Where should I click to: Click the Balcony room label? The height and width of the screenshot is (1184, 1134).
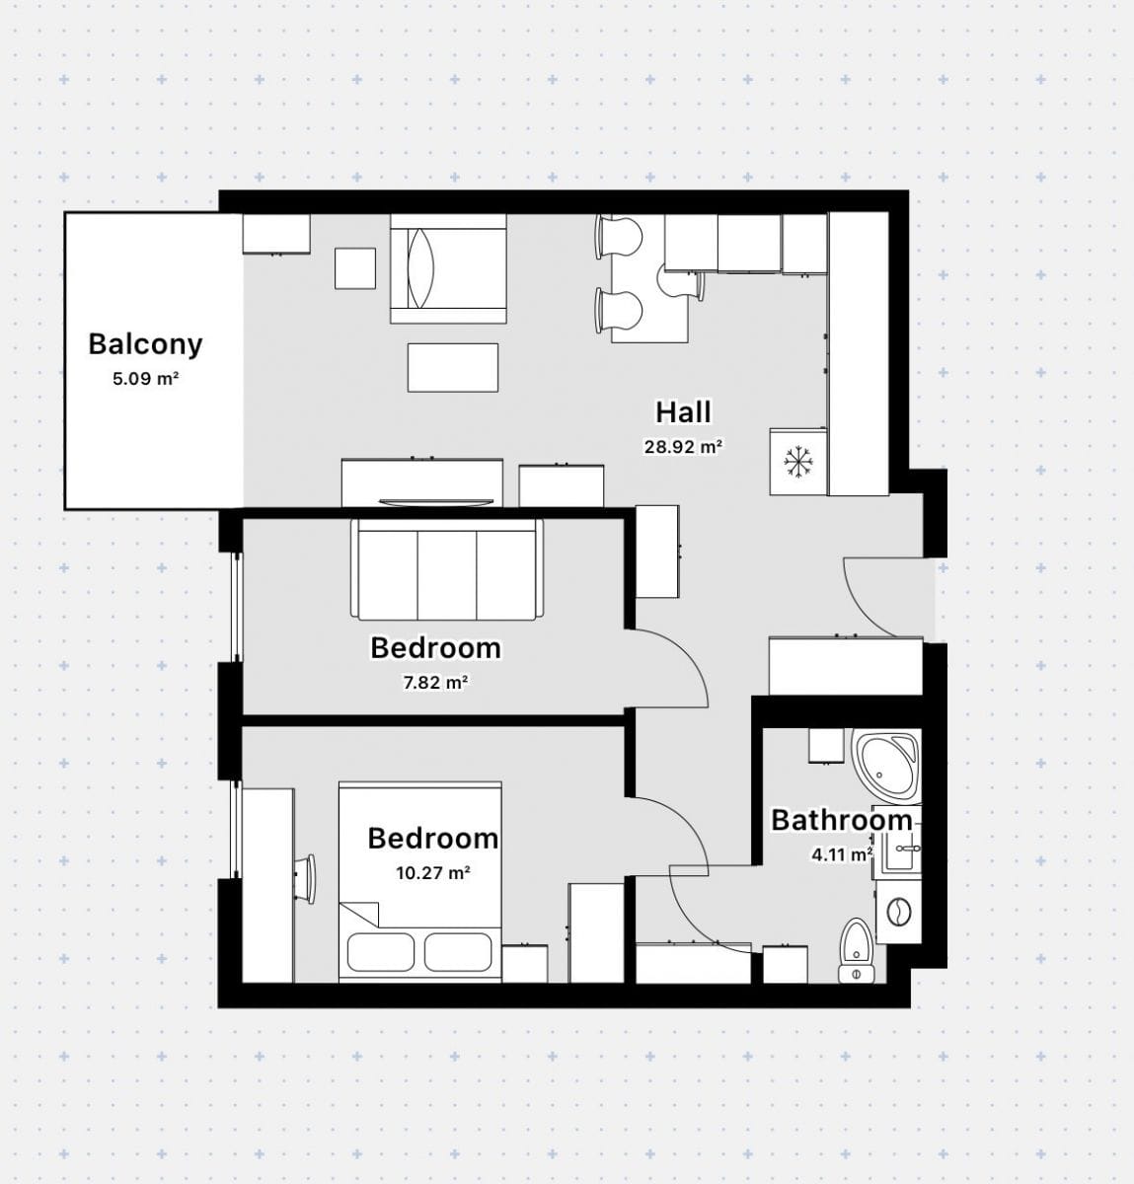tap(145, 345)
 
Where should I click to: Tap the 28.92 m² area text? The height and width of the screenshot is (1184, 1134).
tap(683, 447)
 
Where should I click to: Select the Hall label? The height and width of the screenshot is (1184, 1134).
tap(683, 412)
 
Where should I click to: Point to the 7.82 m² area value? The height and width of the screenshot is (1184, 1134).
tap(435, 683)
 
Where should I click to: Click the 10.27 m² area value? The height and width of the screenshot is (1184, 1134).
tap(433, 873)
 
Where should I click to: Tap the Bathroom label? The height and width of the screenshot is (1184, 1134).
tap(842, 820)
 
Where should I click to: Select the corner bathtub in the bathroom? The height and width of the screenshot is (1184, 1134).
tap(886, 765)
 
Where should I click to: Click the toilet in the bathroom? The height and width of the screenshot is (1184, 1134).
tap(856, 950)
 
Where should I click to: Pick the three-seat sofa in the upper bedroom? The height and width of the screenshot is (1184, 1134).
tap(447, 569)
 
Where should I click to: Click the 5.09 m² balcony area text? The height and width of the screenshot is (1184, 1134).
tap(145, 379)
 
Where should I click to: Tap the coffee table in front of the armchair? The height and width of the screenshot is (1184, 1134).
tap(453, 367)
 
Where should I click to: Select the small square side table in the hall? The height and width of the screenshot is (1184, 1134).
tap(355, 268)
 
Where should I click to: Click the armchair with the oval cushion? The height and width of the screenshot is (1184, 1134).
tap(448, 268)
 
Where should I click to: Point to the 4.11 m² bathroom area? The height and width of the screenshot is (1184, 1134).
tap(842, 854)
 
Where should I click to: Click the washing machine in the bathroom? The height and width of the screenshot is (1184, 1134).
tap(898, 912)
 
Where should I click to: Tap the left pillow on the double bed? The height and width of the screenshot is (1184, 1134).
tap(381, 952)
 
